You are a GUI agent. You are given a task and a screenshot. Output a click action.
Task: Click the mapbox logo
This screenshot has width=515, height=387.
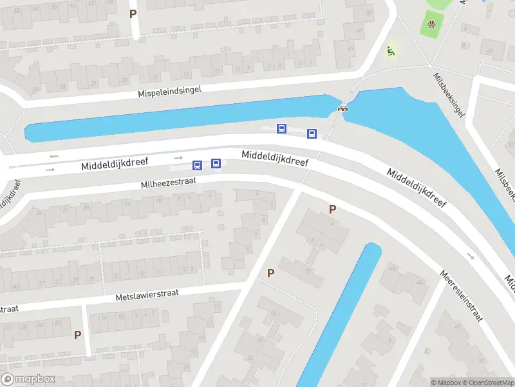coord(28,379)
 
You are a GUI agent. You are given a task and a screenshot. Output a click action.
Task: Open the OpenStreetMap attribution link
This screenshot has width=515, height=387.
coord(489,382)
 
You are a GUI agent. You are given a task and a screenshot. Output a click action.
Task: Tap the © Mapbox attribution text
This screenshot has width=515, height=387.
coord(446,382)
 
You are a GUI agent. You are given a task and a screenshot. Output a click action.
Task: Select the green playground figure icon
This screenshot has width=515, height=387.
coord(390,51)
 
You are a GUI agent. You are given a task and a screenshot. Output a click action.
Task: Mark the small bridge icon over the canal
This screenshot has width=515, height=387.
coord(342,108)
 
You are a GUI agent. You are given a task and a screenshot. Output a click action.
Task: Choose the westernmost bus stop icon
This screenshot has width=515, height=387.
coord(198,165)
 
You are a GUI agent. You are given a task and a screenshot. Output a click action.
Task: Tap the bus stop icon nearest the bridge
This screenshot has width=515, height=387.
coord(312,134)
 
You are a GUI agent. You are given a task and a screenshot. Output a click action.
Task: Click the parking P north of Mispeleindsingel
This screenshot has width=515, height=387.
coord(133,14)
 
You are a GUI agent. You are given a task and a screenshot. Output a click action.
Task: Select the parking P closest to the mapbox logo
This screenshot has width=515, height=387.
coord(77,335)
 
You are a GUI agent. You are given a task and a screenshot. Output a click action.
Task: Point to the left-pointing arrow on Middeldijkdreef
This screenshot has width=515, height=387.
coord(53,156)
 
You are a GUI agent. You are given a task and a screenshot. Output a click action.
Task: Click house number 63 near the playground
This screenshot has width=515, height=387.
coord(351,50)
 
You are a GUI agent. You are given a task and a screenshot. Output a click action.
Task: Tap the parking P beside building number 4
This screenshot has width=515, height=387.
coord(332,209)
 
